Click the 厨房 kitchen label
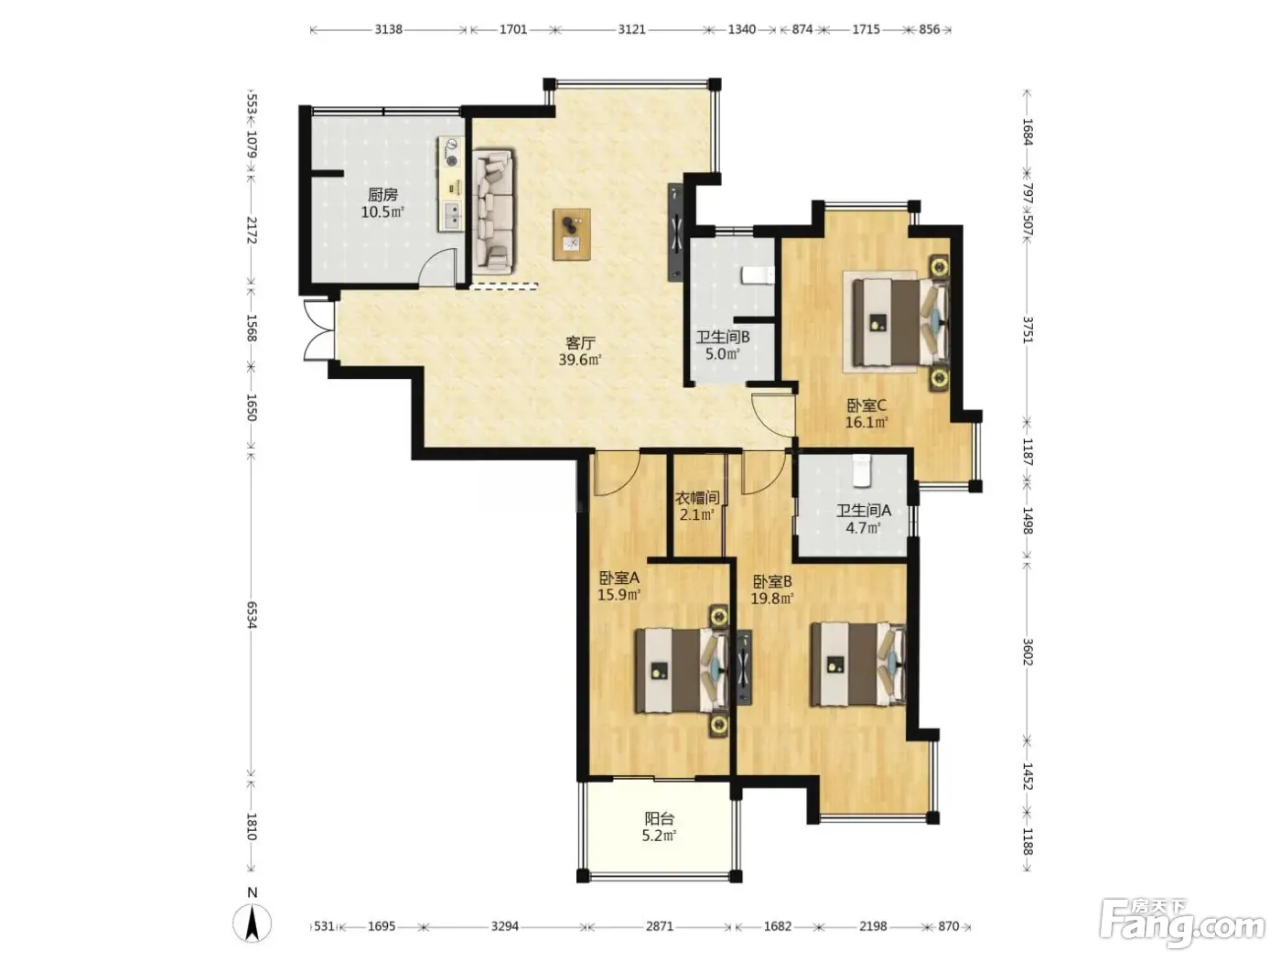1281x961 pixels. coord(382,194)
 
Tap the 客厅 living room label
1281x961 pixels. coord(580,342)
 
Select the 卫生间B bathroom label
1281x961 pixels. coord(723,337)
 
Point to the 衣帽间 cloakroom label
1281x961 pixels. coord(697,498)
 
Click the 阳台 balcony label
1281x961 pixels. coord(660,818)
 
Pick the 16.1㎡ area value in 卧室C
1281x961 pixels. coord(867,422)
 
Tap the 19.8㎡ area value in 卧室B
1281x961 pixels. coord(771,598)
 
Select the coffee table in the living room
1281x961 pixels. coord(571,234)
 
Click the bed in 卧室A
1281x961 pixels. coord(682,671)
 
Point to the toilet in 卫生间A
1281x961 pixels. coord(861,470)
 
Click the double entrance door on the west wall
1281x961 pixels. coord(318,330)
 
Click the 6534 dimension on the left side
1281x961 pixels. coord(252,615)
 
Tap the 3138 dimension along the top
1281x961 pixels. coord(388,29)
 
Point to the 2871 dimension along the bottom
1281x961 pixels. coord(660,926)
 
